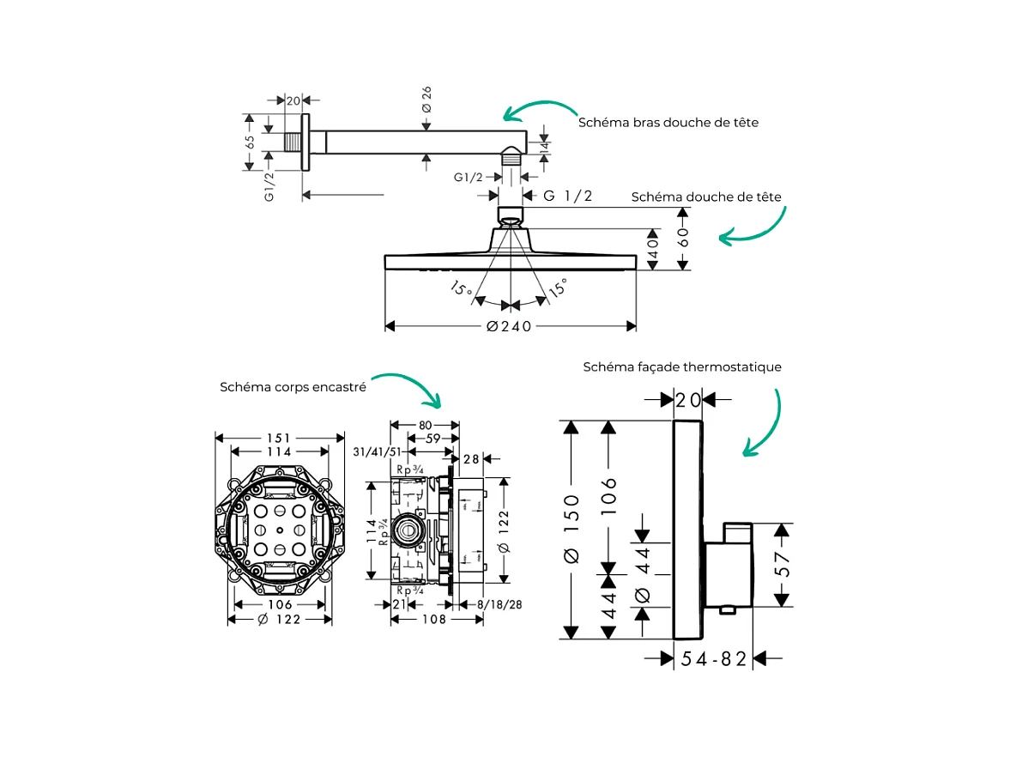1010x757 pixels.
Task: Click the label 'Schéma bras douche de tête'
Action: pyautogui.click(x=668, y=123)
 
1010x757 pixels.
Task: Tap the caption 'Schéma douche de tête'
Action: pyautogui.click(x=706, y=197)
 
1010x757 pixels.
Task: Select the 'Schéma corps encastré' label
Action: pyautogui.click(x=293, y=387)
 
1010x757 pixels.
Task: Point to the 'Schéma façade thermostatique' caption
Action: pyautogui.click(x=682, y=367)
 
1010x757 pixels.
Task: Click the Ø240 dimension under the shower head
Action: pyautogui.click(x=509, y=326)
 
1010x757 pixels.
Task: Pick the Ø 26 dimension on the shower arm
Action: pyautogui.click(x=426, y=100)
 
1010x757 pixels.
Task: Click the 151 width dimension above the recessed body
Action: pyautogui.click(x=279, y=438)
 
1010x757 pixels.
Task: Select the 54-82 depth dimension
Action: pyautogui.click(x=714, y=658)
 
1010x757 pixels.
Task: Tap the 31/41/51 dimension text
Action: pyautogui.click(x=378, y=452)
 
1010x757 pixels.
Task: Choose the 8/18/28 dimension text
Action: pyautogui.click(x=499, y=605)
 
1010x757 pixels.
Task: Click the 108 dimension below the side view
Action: pyautogui.click(x=434, y=620)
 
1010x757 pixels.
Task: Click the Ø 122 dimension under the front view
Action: pyautogui.click(x=279, y=620)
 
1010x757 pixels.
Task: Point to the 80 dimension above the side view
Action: pyautogui.click(x=424, y=424)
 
